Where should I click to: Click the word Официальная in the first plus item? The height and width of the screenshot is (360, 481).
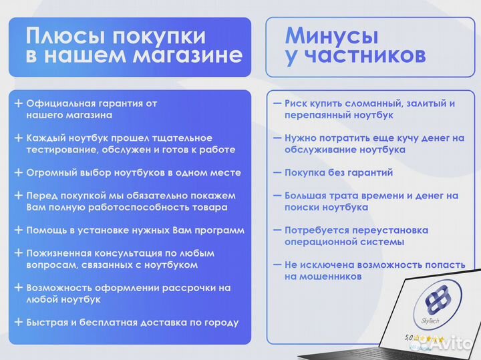click(58, 104)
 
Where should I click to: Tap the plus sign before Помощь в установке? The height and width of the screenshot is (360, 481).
click(18, 230)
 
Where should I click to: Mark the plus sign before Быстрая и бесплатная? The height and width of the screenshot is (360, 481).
click(18, 323)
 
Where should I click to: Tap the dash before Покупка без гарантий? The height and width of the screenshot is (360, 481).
click(277, 172)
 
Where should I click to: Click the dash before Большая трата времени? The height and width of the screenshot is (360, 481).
click(277, 196)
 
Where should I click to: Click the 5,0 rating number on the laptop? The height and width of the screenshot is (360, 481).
click(410, 338)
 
